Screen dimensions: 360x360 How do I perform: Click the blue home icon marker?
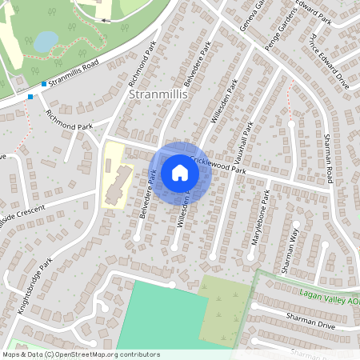coord(180,172)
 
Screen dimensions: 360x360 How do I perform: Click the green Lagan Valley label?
coord(327,296)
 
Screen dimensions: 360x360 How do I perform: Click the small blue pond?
coord(46,40)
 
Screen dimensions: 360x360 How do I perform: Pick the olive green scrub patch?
coord(223,308)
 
